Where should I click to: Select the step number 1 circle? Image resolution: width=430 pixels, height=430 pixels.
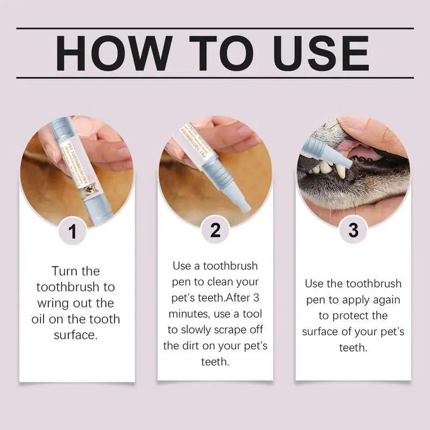click(73, 232)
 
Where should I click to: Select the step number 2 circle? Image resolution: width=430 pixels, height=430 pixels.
click(215, 230)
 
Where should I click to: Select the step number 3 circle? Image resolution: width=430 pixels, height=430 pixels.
click(353, 230)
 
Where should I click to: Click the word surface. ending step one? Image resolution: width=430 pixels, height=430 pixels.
click(76, 335)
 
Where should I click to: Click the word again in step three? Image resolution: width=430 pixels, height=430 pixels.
click(385, 299)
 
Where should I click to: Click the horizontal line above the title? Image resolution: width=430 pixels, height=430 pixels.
click(215, 28)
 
